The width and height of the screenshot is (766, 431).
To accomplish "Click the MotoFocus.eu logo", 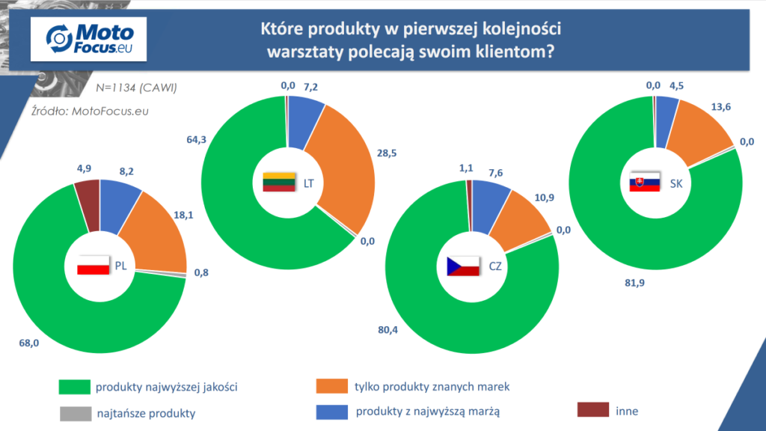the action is point(88,39).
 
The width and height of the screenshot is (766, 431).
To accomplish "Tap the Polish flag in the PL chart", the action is point(94,266).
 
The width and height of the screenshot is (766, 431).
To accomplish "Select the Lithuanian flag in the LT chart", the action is point(279,182).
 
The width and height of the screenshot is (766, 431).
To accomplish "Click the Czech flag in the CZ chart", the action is point(463,266).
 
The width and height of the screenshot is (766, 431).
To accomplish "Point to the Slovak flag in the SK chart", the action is point(645,183).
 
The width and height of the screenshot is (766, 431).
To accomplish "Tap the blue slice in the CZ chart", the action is point(489,205).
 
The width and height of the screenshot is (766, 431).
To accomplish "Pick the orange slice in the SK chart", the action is point(699,131).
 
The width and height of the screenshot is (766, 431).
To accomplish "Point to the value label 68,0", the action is point(29,343).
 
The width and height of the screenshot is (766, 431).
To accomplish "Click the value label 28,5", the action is point(387,153).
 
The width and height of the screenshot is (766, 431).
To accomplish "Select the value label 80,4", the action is point(388,330).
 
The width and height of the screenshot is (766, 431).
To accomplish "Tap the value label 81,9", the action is point(634,283).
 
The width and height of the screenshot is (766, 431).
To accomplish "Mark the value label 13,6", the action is point(721,107).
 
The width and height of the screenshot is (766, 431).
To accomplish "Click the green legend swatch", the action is point(74,387).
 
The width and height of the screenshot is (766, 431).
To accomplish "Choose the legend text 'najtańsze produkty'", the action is point(146,413).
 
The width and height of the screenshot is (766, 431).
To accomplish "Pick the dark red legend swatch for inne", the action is point(593,409).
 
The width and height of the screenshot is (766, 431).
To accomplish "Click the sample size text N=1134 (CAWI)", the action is point(136,88).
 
